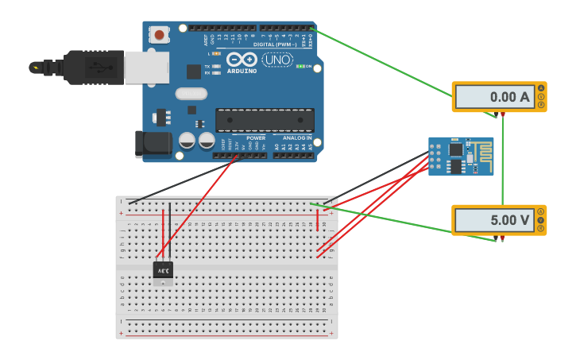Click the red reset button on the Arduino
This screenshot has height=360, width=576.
(x=160, y=35)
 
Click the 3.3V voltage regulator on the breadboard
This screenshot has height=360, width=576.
(x=163, y=271)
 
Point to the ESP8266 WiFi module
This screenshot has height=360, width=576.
(x=461, y=156)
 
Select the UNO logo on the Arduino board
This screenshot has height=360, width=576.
(x=277, y=60)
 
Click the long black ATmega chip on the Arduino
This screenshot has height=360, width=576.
(x=265, y=120)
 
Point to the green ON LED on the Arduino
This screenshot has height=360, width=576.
(x=301, y=66)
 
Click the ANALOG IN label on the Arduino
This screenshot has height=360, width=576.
(x=298, y=137)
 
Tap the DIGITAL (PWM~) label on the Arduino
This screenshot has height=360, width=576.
(x=275, y=45)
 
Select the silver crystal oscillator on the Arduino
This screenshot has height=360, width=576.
(x=191, y=94)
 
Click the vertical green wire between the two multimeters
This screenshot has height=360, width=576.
(x=502, y=159)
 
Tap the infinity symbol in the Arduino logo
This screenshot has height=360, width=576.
(x=241, y=60)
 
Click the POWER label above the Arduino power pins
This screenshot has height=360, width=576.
(x=256, y=137)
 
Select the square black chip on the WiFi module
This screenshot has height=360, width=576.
(x=455, y=149)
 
